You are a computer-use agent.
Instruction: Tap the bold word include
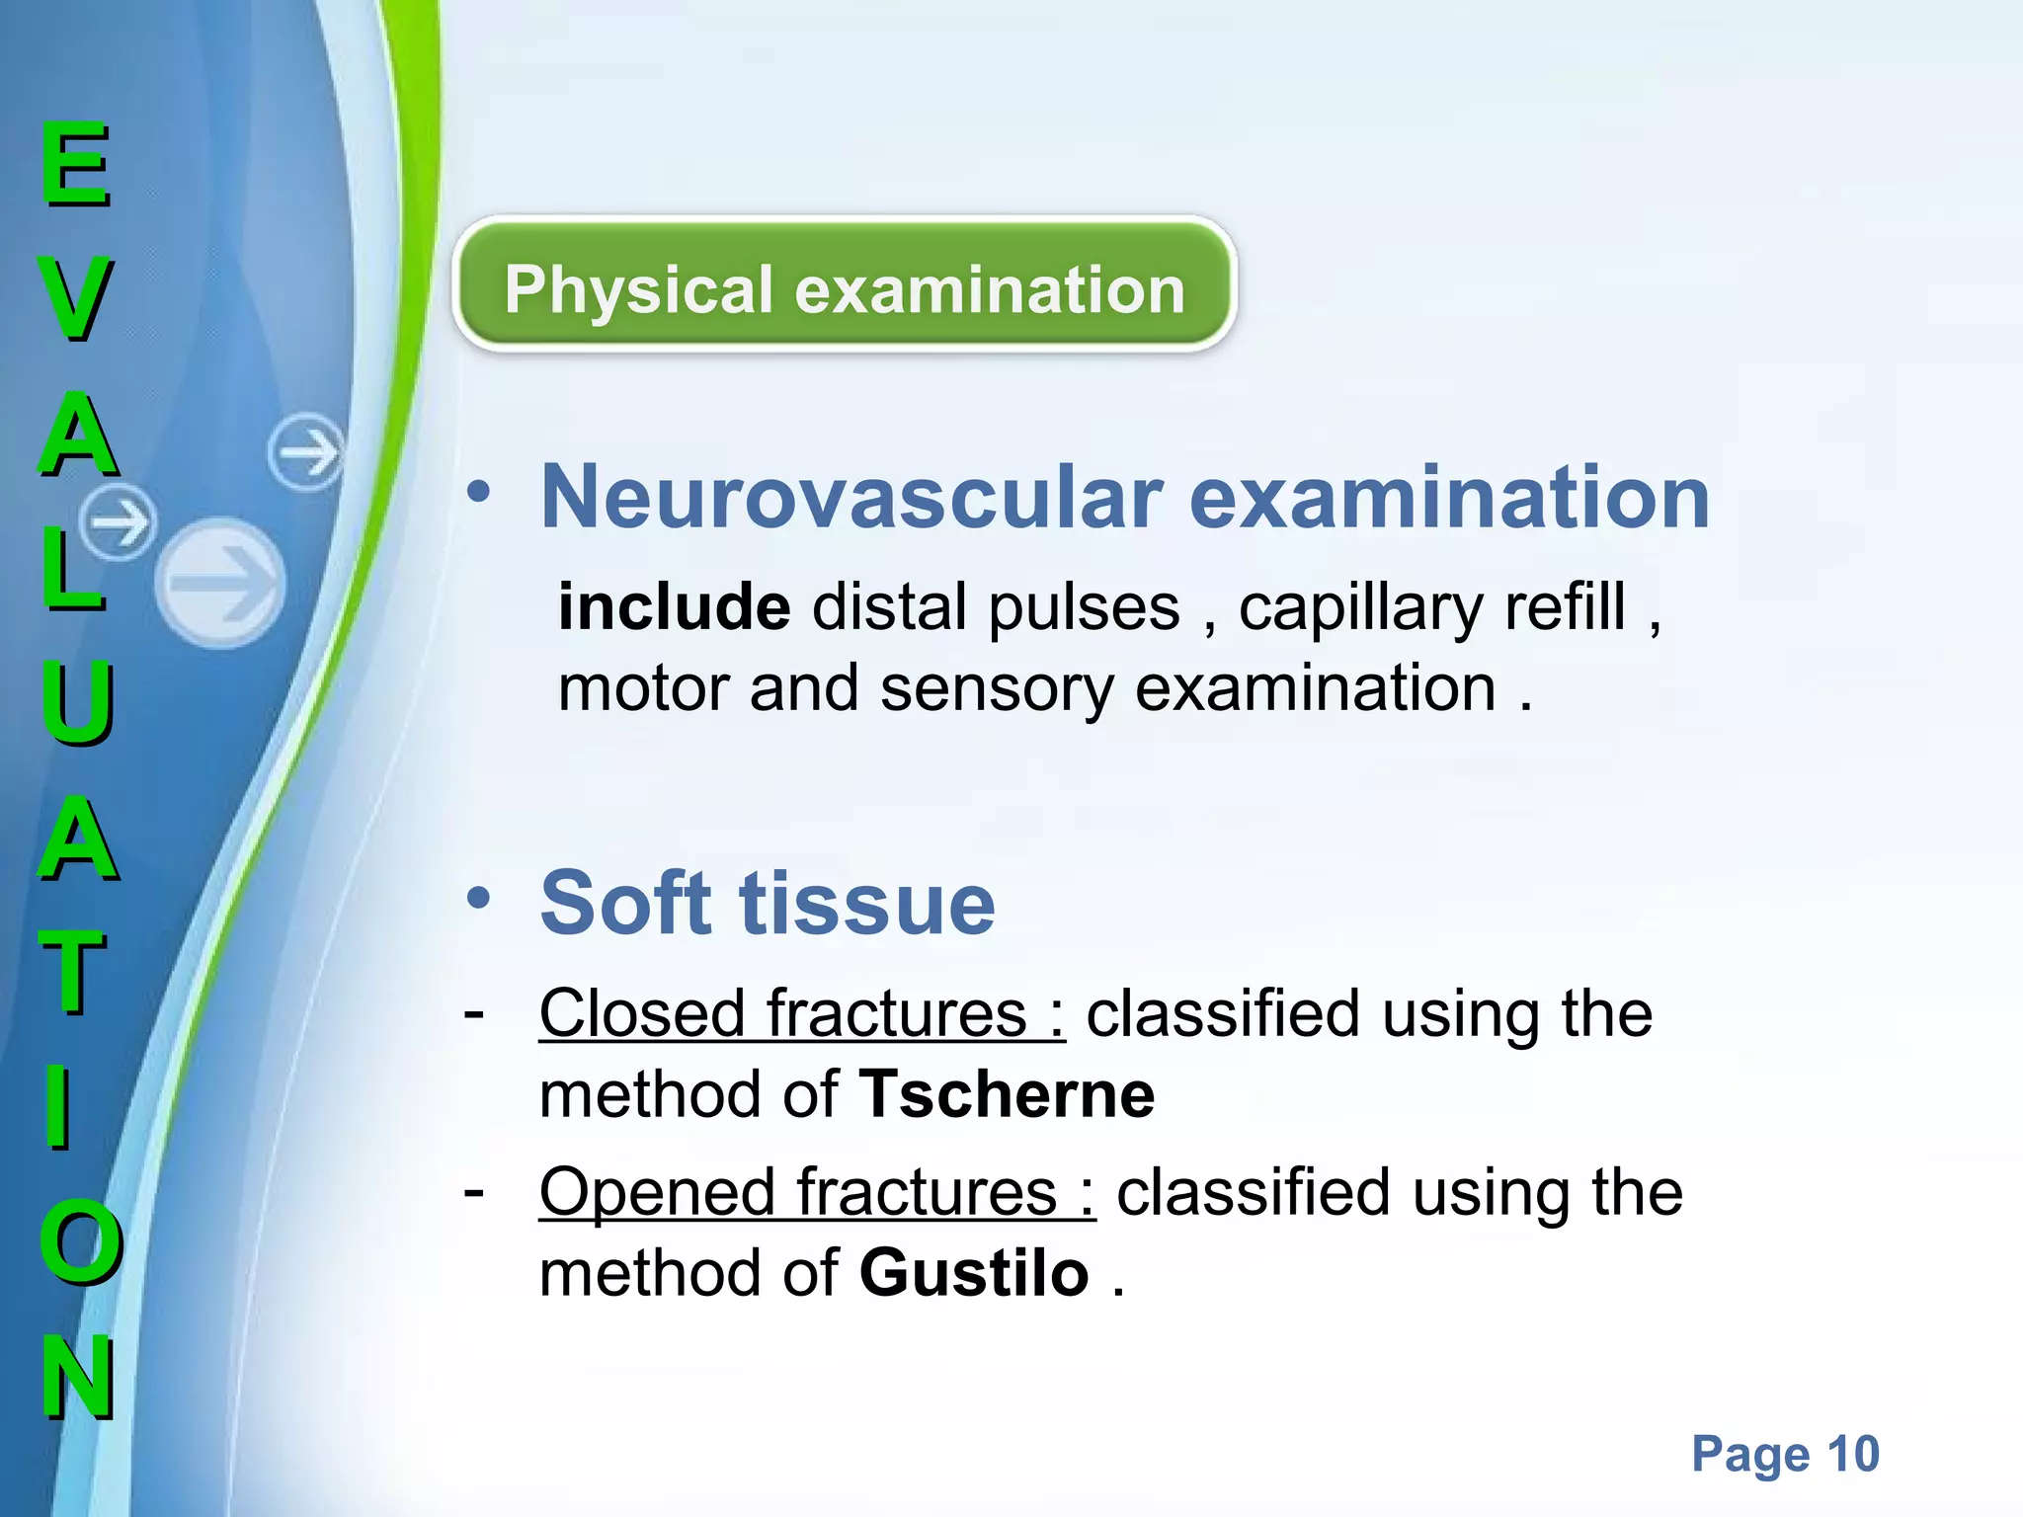pyautogui.click(x=674, y=606)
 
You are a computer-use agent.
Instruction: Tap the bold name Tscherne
pyautogui.click(x=1006, y=1094)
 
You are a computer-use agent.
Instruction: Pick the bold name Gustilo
pyautogui.click(x=974, y=1272)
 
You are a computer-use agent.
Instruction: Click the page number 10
pyautogui.click(x=1852, y=1453)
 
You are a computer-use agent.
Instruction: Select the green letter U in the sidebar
pyautogui.click(x=77, y=702)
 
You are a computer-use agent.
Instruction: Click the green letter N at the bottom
pyautogui.click(x=78, y=1377)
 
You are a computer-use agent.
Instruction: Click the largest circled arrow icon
pyautogui.click(x=220, y=583)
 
